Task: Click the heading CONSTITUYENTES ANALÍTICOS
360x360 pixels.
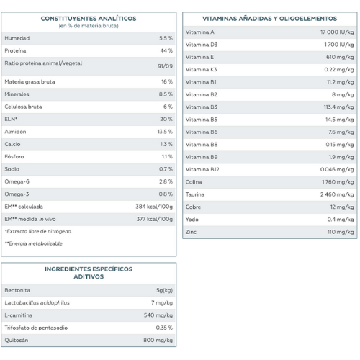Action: pyautogui.click(x=89, y=19)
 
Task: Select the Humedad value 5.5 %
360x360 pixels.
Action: pyautogui.click(x=166, y=38)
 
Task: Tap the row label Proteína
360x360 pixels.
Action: pyautogui.click(x=15, y=50)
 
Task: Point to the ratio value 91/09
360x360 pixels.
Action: pyautogui.click(x=165, y=66)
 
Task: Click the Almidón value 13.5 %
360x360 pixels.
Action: pyautogui.click(x=165, y=132)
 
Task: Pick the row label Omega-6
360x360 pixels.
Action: pyautogui.click(x=17, y=181)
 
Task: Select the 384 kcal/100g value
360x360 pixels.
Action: pyautogui.click(x=154, y=207)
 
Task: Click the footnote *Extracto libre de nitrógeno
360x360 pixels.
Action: pyautogui.click(x=38, y=231)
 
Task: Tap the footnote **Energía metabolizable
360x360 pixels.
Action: pyautogui.click(x=34, y=243)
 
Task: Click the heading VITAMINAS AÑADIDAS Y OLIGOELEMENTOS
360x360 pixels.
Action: pyautogui.click(x=270, y=19)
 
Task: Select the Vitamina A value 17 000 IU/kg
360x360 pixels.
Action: pyautogui.click(x=337, y=32)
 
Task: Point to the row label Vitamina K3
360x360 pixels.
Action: pyautogui.click(x=201, y=70)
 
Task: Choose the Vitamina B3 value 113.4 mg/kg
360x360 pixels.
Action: pyautogui.click(x=338, y=107)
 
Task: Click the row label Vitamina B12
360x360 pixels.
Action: pyautogui.click(x=202, y=169)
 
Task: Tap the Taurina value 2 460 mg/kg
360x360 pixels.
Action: pyautogui.click(x=337, y=194)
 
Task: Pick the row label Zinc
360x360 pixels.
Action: pyautogui.click(x=191, y=232)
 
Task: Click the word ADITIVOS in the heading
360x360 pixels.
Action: pyautogui.click(x=89, y=276)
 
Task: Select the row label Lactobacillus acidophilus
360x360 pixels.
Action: pyautogui.click(x=37, y=302)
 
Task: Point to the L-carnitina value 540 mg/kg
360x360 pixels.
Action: pyautogui.click(x=158, y=315)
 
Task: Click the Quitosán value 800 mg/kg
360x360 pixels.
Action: pyautogui.click(x=158, y=340)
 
